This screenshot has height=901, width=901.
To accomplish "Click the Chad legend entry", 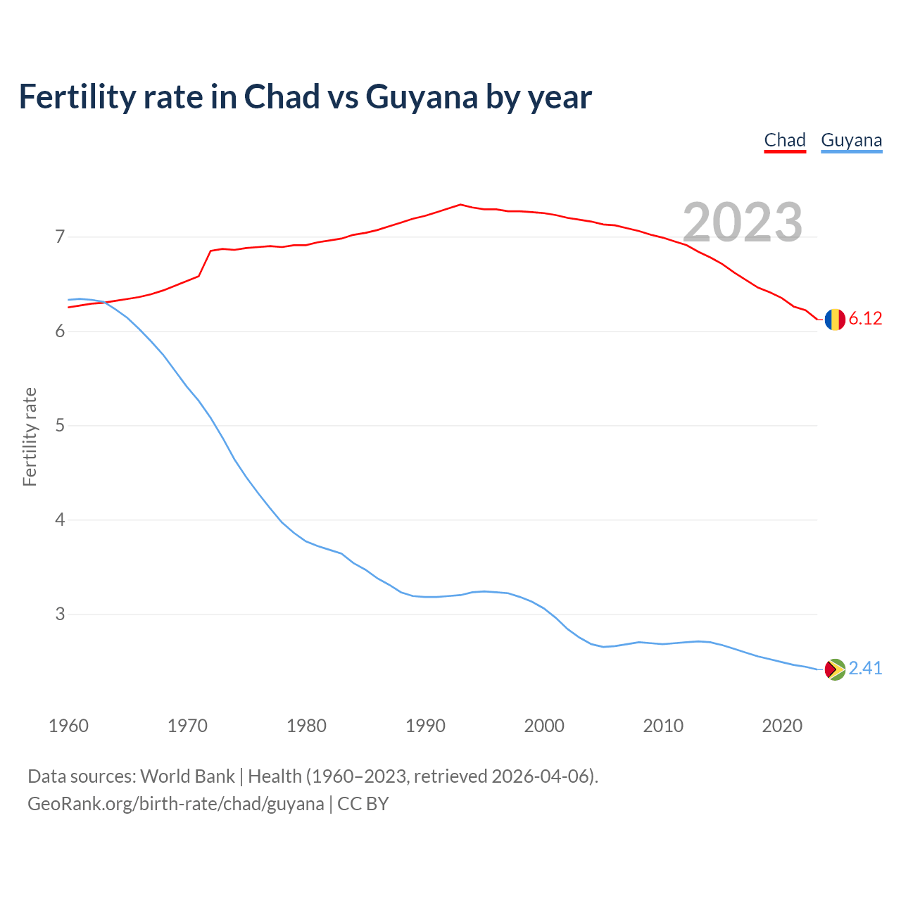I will pos(785,140).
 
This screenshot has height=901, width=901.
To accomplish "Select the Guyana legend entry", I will pos(851,140).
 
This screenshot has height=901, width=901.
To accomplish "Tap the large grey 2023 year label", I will pos(743,222).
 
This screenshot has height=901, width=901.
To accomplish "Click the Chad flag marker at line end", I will pos(835,320).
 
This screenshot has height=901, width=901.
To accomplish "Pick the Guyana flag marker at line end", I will pos(835,669).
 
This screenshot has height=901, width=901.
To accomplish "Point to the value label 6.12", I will pos(865,319).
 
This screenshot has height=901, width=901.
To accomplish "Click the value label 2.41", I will pos(865,668).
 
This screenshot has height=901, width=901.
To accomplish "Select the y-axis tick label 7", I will pos(60,237).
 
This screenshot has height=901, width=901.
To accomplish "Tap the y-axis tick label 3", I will pos(60,615).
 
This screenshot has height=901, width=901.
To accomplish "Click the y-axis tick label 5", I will pos(60,426).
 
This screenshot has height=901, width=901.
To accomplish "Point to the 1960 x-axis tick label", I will pos(68,726).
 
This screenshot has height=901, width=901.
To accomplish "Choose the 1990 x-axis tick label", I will pos(425,726).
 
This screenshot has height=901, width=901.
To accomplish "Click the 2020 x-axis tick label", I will pos(782,726).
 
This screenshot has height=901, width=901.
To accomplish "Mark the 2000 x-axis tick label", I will pos(544,726).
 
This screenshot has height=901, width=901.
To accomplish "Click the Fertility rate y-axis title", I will pos(30,436).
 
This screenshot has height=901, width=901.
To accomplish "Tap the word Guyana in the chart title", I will pos(422,97).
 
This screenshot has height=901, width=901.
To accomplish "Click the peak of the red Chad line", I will pos(460,204).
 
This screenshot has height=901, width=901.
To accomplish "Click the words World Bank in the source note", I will pos(187,776).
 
